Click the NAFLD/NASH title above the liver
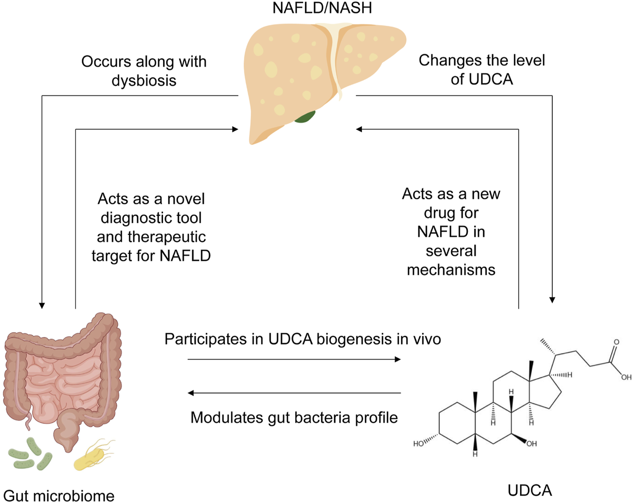tap(322, 8)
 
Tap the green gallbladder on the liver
tap(305, 116)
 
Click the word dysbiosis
tap(144, 80)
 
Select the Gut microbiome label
tap(58, 496)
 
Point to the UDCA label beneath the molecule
tap(530, 490)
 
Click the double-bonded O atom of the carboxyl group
tap(616, 343)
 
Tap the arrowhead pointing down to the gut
tap(42, 305)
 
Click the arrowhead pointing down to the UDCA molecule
tap(552, 300)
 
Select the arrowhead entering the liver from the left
tap(235, 129)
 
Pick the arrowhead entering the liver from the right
tap(359, 129)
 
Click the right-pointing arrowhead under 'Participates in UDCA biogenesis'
tap(397, 359)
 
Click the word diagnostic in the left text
tap(151, 218)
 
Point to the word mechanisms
tap(451, 270)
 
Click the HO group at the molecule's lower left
tap(418, 444)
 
